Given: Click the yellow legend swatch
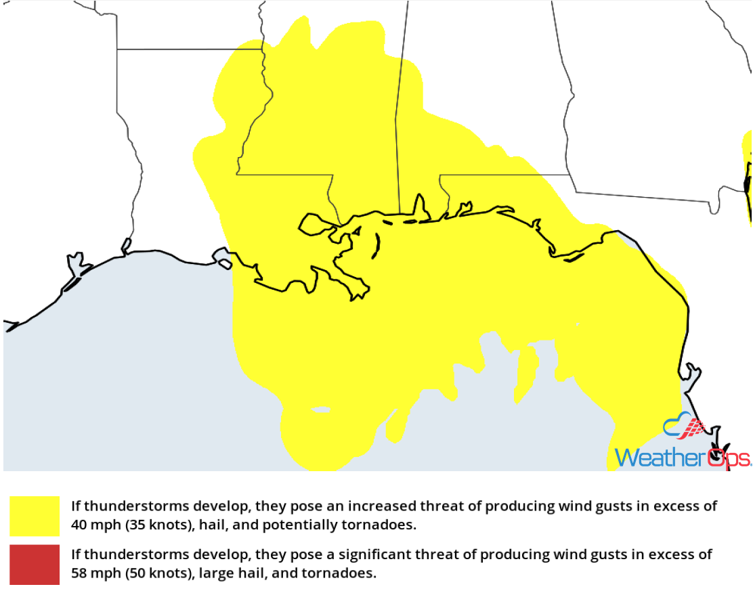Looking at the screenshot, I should pos(35,516).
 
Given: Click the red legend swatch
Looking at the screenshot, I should pos(35,563).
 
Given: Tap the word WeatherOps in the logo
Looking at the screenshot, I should pos(682,458).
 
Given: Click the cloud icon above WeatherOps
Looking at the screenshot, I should pos(684,426).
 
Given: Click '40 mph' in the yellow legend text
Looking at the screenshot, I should pos(94,525).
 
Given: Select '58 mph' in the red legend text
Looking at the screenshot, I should pos(94,573).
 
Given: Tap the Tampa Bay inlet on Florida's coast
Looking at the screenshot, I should pos(691,376).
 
